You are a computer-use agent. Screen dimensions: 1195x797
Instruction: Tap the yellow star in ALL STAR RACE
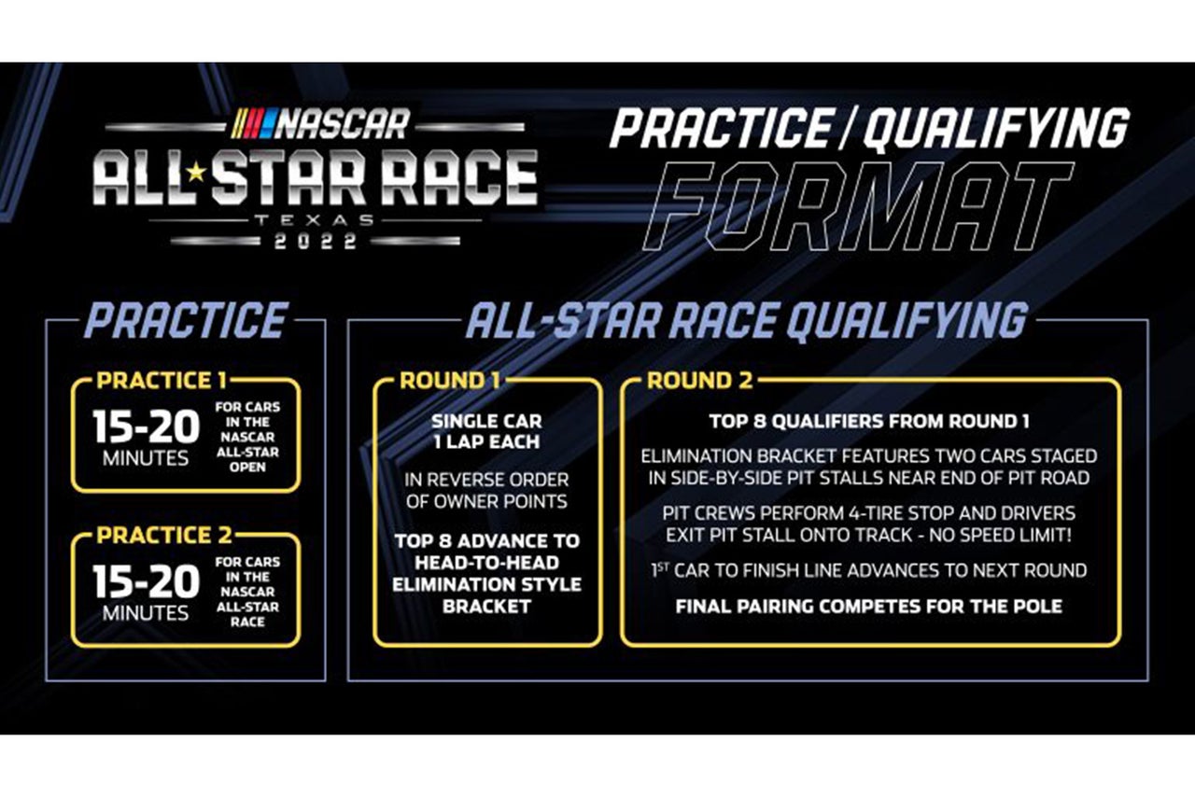tap(196, 173)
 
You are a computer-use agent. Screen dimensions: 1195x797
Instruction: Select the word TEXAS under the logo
tap(315, 220)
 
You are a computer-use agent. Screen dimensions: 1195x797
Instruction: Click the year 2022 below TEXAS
tap(316, 242)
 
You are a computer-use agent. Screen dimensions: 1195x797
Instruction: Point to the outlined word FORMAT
tap(858, 206)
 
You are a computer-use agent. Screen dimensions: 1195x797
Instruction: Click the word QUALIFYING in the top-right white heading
tap(995, 128)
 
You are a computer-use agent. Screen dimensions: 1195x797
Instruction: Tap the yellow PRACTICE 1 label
tap(162, 381)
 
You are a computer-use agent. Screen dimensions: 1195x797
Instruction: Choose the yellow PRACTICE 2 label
tap(163, 535)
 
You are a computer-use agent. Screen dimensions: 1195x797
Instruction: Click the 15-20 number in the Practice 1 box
tap(146, 426)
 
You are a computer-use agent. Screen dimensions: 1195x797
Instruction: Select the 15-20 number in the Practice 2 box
tap(146, 581)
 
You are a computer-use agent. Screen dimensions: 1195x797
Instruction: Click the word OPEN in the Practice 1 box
tap(247, 467)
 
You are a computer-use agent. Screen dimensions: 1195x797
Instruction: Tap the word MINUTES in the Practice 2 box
tap(146, 613)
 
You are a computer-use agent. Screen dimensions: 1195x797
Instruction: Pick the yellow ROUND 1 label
tap(450, 381)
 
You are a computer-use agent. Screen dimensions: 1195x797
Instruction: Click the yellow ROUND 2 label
tap(699, 381)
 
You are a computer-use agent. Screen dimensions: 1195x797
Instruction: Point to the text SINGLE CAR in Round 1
tap(486, 422)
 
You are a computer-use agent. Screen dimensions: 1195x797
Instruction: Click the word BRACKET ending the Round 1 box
tap(486, 607)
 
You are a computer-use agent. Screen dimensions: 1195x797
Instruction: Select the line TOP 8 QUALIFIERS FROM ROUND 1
tap(869, 422)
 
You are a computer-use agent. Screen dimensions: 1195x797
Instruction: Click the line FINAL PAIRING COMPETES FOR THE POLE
tap(869, 607)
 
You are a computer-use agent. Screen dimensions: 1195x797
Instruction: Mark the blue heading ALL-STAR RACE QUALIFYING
tap(747, 321)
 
